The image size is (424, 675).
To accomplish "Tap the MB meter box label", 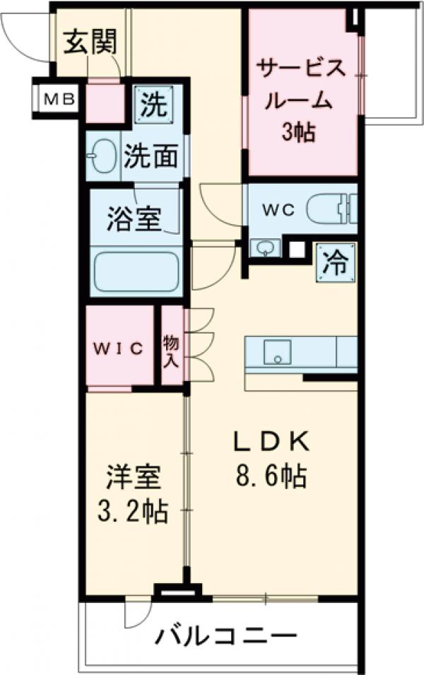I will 56,98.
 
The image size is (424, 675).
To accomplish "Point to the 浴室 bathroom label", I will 134,217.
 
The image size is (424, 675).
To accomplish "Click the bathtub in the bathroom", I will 137,271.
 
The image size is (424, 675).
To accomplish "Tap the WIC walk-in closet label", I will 120,348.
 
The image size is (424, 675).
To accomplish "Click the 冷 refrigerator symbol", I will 335,262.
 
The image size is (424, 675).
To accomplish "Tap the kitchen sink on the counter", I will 278,351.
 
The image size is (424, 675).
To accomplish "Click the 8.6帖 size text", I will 271,479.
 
